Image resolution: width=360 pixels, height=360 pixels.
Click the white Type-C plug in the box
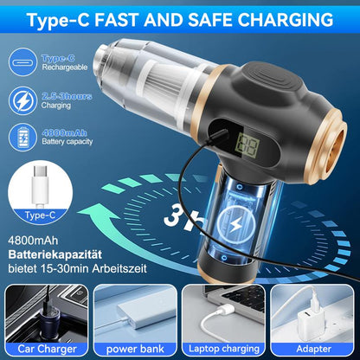pos(40,187)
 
